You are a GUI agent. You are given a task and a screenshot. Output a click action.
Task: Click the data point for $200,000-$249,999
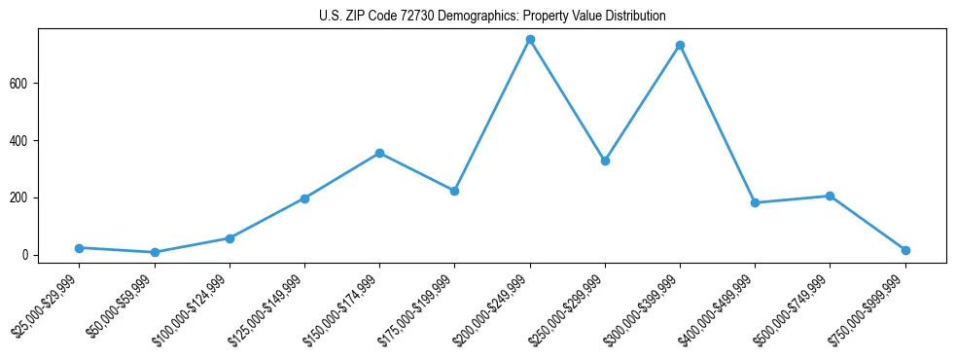pos(530,40)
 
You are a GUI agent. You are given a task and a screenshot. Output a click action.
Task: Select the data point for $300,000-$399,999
pos(680,46)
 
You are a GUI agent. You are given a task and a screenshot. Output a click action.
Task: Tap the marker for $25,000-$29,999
pos(79,248)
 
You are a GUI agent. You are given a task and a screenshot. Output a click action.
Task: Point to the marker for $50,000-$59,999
pos(155,253)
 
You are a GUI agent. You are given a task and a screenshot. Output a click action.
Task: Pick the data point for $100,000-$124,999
pos(230,238)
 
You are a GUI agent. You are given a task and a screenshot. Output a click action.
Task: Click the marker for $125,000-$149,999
pos(304,198)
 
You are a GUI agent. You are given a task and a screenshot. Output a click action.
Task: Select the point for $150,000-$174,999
pos(379,153)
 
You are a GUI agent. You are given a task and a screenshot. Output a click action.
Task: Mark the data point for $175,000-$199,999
pos(454,191)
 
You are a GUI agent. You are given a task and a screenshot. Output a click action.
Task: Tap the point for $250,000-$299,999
pos(605,161)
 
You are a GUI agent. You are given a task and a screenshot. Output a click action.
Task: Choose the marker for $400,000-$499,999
pos(755,203)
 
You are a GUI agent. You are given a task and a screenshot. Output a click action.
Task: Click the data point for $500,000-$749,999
pos(830,196)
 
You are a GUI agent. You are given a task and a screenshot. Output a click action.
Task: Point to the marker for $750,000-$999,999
pos(905,250)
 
